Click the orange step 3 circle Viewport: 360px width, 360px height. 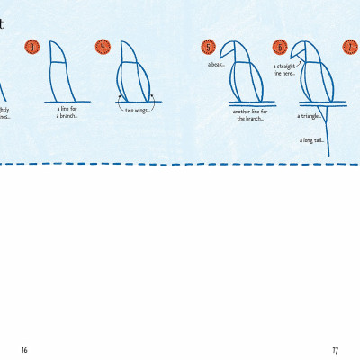click(31, 47)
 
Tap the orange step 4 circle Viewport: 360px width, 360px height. click(102, 47)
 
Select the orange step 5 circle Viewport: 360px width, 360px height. click(209, 47)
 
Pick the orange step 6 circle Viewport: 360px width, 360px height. click(280, 47)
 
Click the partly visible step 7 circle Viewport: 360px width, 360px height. click(352, 47)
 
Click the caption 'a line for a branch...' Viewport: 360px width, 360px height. click(67, 112)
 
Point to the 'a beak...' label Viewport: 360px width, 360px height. click(216, 64)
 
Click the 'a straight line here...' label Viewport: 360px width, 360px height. click(284, 70)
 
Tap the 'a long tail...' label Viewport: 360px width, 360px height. click(311, 139)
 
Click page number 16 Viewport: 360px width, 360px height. click(25, 349)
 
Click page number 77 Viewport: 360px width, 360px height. click(335, 349)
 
